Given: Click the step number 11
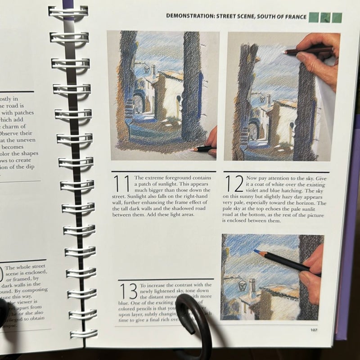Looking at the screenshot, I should coord(121,184).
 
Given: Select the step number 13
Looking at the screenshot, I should coord(129,292).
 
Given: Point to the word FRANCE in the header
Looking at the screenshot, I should coord(294,17).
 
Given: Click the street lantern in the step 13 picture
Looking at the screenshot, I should coord(242,285).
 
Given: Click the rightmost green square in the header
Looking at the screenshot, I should coord(337,18).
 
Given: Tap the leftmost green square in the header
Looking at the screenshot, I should coord(314,18).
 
